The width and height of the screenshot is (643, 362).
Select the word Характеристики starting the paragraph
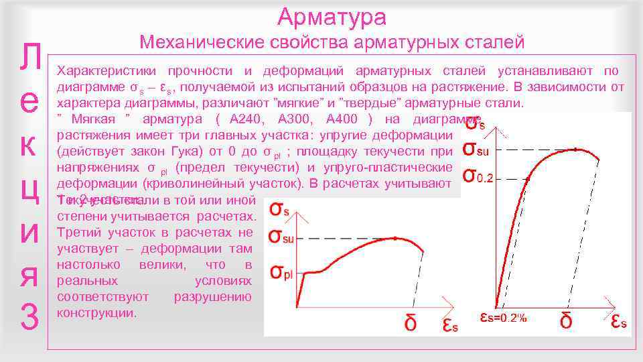[x=106, y=71]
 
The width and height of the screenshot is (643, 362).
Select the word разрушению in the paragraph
[x=212, y=297]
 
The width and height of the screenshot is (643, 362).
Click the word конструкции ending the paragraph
[x=96, y=313]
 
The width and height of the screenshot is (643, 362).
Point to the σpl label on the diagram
[x=283, y=271]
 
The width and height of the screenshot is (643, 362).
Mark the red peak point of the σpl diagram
[x=395, y=238]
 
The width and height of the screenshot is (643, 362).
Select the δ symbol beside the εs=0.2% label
[x=566, y=321]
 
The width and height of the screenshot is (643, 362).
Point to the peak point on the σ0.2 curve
[x=575, y=149]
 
